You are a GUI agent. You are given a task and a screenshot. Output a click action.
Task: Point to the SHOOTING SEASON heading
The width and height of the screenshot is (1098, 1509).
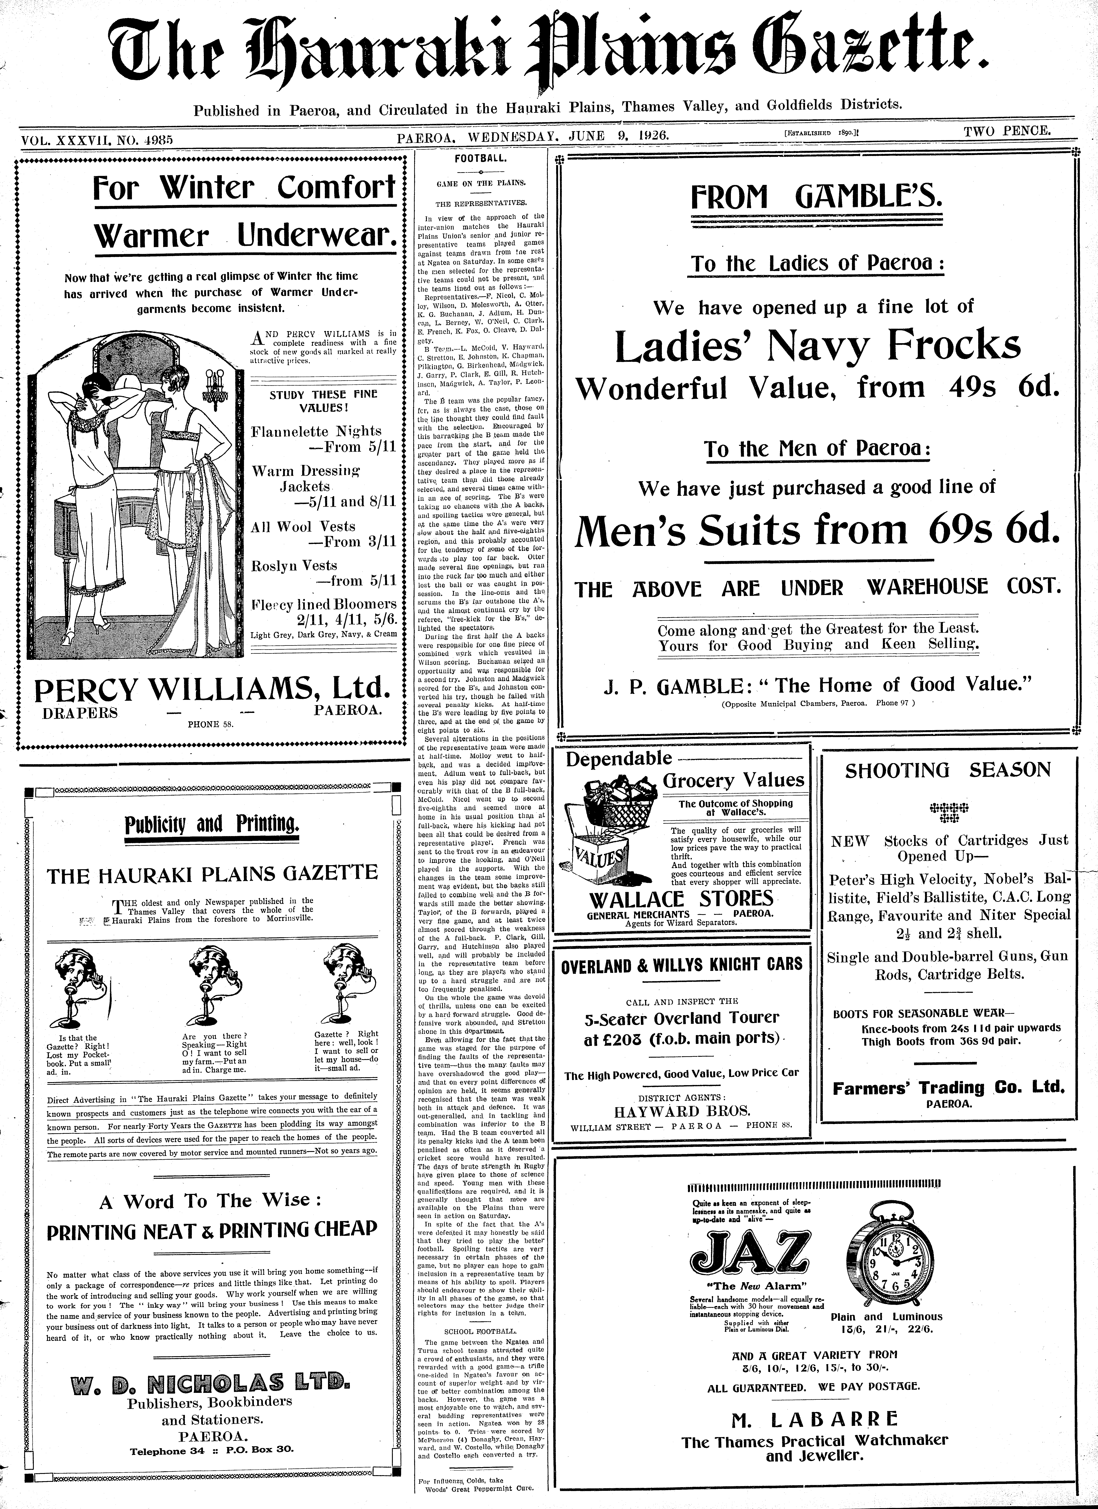(x=948, y=771)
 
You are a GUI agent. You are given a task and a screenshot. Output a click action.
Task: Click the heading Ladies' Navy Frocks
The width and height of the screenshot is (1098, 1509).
(x=817, y=346)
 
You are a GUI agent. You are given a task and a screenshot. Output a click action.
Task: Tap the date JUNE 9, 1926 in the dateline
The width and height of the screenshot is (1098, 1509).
(x=618, y=136)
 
